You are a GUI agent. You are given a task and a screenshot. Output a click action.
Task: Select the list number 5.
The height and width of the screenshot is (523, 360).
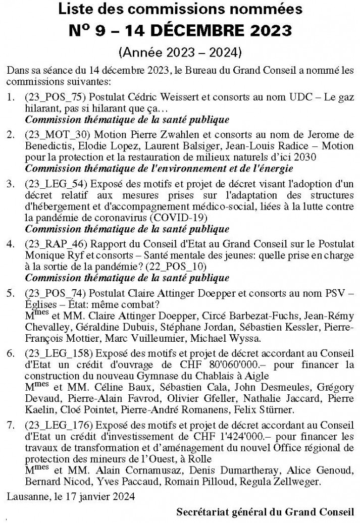coord(11,293)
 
